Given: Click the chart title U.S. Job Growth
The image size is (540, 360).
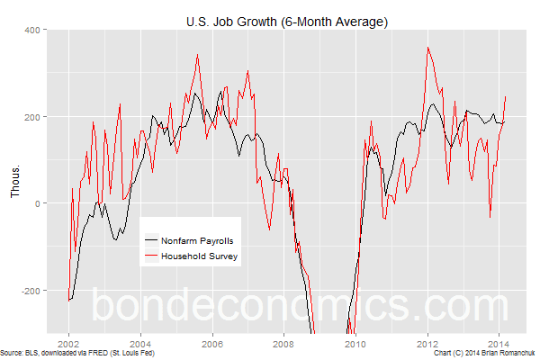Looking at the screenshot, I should pyautogui.click(x=285, y=21).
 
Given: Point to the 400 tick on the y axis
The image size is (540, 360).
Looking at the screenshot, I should pyautogui.click(x=34, y=30).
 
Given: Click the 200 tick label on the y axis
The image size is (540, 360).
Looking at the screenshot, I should pyautogui.click(x=34, y=117).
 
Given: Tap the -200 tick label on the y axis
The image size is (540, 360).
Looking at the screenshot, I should pyautogui.click(x=32, y=291).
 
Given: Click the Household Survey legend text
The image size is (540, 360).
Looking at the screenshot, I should pyautogui.click(x=195, y=256).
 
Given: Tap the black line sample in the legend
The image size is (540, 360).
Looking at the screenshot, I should pyautogui.click(x=151, y=241).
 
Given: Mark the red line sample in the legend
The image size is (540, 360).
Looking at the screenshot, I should pyautogui.click(x=151, y=256).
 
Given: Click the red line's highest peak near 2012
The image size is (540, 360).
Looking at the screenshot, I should pyautogui.click(x=428, y=48).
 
